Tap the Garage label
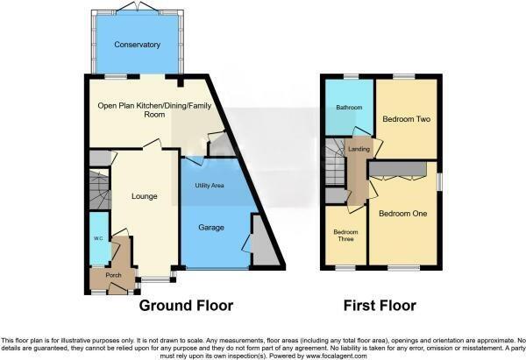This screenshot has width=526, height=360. tap(210, 228)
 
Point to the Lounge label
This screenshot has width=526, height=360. tap(144, 196)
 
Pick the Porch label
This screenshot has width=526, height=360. tap(113, 275)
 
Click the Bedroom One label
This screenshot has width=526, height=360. tap(402, 213)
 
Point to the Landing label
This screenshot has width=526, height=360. tap(359, 150)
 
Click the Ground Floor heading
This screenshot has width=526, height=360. tap(187, 307)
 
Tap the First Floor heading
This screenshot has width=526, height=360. tap(380, 307)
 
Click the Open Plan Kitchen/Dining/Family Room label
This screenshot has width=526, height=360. tap(144, 109)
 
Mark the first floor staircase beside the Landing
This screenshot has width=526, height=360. tap(336, 166)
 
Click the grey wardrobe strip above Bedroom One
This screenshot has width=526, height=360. tap(398, 166)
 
